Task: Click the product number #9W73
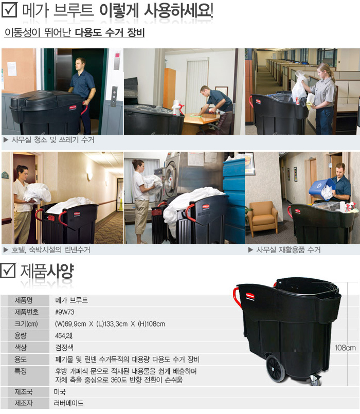tap(65, 312)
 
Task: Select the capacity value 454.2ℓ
tap(64, 336)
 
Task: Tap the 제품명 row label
tap(24, 300)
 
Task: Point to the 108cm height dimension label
tap(345, 348)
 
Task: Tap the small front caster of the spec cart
tap(315, 381)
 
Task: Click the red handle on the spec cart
tap(238, 298)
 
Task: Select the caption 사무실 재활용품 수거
tap(289, 250)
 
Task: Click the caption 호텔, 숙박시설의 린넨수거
tap(51, 250)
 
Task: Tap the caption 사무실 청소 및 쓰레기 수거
tap(53, 140)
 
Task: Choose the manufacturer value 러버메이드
tap(69, 403)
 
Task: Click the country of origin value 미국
tap(60, 392)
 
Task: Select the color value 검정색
tap(64, 348)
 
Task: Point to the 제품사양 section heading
tap(47, 271)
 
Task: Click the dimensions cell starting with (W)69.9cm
tap(110, 324)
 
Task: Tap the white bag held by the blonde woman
tap(299, 85)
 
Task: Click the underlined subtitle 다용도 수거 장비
tap(110, 32)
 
